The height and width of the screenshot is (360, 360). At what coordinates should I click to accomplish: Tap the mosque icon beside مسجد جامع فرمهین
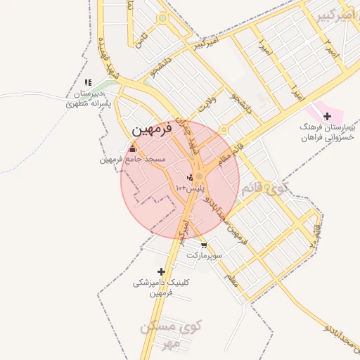133,149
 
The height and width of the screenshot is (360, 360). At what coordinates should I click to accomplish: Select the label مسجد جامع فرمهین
132,160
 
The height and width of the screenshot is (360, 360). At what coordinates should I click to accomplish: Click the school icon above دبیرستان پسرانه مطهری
87,83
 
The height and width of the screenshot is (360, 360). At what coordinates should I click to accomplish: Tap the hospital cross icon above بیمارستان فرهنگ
327,115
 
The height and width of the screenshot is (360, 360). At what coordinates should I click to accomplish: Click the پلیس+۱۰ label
190,188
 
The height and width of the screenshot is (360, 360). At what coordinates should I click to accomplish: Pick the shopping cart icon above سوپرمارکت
204,245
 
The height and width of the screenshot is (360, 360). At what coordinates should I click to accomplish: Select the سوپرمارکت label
205,256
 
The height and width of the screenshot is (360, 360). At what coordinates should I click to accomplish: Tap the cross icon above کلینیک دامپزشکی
161,271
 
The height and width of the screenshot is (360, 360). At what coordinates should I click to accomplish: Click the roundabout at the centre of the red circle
199,176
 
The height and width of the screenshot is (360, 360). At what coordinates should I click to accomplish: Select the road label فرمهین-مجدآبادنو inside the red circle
218,205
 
